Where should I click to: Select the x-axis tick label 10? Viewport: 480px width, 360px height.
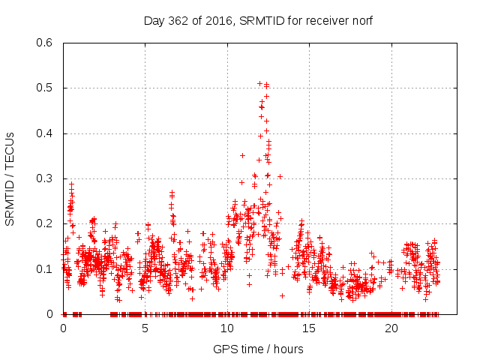[x=227, y=328]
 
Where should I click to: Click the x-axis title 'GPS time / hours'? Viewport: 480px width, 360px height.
[x=258, y=349]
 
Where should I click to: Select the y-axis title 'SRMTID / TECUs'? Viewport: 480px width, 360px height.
[x=10, y=178]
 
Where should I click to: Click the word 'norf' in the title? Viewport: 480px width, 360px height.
[x=361, y=20]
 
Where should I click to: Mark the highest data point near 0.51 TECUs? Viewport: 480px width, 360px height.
[x=259, y=83]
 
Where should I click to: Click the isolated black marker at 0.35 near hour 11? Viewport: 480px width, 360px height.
[x=242, y=155]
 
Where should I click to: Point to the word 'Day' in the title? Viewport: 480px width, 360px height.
[x=153, y=20]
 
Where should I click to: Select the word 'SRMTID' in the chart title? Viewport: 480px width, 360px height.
[x=259, y=20]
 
